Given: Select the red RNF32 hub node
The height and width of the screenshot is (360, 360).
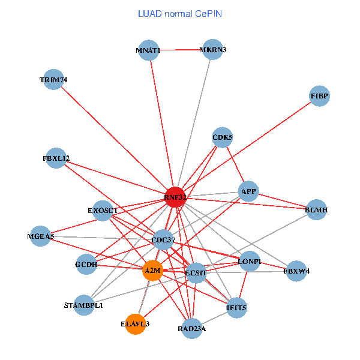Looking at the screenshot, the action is click(x=175, y=197).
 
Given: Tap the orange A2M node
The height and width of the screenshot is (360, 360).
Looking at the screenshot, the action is click(x=152, y=271).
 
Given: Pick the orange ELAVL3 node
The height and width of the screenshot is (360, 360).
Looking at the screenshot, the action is click(x=136, y=324).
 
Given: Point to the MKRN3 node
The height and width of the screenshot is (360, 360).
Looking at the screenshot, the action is click(x=213, y=50).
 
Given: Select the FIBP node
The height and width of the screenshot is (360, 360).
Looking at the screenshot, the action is click(x=320, y=96).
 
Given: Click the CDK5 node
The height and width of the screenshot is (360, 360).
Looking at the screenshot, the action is click(x=223, y=137).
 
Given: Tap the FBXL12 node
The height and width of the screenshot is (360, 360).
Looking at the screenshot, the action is click(x=56, y=158).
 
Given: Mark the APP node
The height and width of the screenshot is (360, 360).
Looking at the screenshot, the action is click(x=248, y=192).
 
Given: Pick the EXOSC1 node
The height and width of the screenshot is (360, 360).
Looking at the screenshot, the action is click(x=103, y=211).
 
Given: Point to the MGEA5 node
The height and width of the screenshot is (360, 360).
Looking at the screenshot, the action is click(x=41, y=236).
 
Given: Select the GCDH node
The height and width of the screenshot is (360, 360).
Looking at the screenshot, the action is click(x=86, y=264).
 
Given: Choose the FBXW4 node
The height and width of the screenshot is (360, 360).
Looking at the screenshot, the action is click(x=296, y=271).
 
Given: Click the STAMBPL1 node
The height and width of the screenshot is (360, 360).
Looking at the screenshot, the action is click(x=84, y=305).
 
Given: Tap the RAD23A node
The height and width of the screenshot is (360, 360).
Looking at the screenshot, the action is click(x=192, y=328).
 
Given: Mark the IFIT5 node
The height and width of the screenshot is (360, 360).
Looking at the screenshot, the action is click(x=236, y=308).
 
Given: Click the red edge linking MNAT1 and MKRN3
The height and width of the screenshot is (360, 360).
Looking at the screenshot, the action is click(x=181, y=50).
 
